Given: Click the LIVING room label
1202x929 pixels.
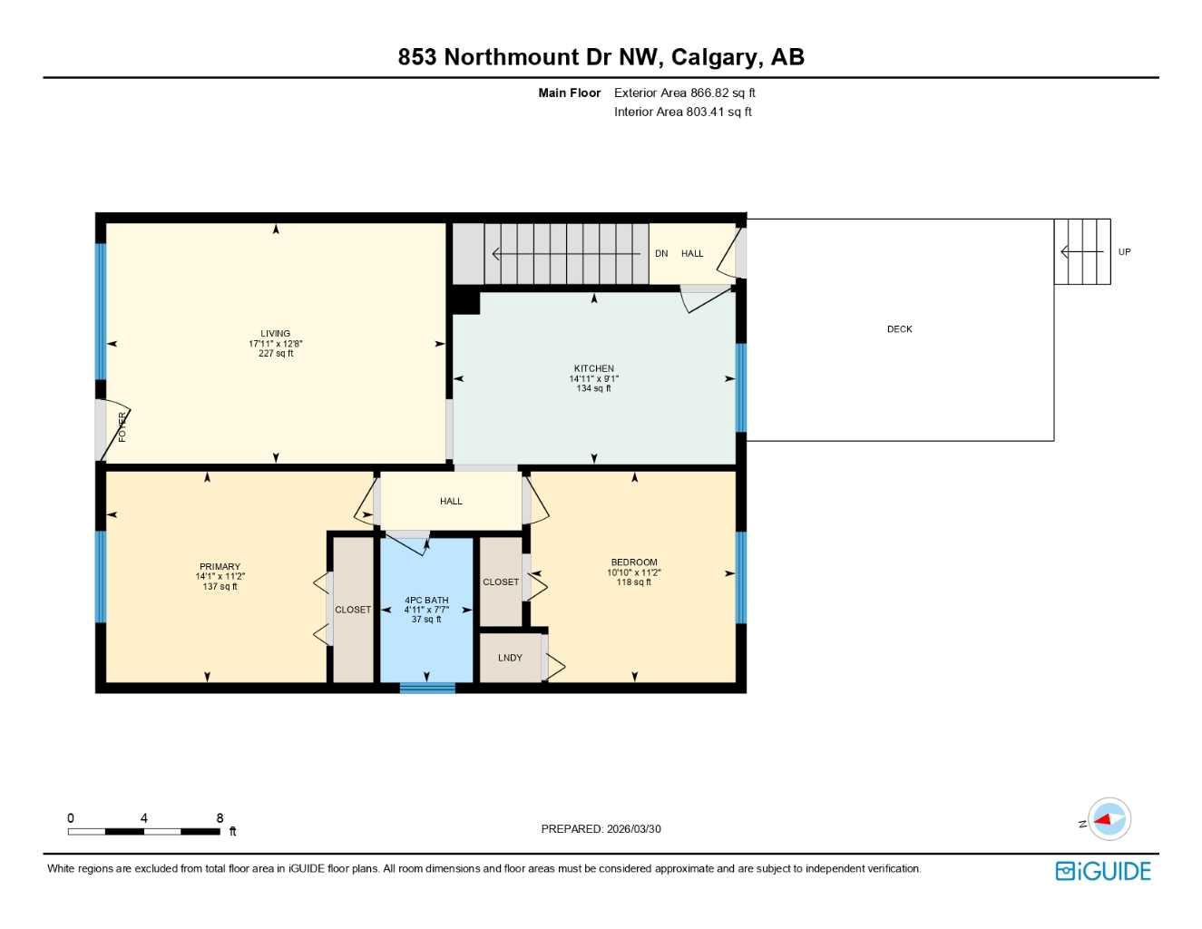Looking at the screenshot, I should coord(275,334).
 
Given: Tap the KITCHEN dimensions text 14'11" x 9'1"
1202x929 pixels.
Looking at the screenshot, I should coord(593,379).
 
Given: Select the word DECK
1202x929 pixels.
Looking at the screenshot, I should coord(899,329).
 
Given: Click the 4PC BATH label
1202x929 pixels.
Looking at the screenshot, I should coord(426,601).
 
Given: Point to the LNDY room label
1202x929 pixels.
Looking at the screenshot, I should coord(510,658).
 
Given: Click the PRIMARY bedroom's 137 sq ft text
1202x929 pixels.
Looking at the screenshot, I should coord(220,587).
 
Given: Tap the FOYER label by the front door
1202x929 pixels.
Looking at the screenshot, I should coord(122,427).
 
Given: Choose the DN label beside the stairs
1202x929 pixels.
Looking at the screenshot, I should coord(661,254).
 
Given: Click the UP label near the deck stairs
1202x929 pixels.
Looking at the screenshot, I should coord(1124,252).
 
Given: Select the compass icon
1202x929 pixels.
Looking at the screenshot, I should coord(1108,820).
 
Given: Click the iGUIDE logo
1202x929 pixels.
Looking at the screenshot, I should coord(1103,871).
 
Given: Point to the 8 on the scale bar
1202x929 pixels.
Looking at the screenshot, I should coord(220,818).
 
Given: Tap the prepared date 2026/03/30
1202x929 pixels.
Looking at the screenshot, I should coord(634,829).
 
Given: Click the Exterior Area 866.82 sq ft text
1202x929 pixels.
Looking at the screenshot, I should coord(684,93).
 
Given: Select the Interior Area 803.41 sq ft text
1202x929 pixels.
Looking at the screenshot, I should coord(682,112).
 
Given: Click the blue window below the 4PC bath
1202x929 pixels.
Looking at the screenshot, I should coord(427,688).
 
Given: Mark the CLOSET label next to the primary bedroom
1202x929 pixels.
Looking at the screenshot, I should coord(353,610).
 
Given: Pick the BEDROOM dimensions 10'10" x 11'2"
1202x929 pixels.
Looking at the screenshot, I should coord(634,572).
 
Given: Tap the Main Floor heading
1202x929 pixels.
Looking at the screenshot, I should coord(569,93).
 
